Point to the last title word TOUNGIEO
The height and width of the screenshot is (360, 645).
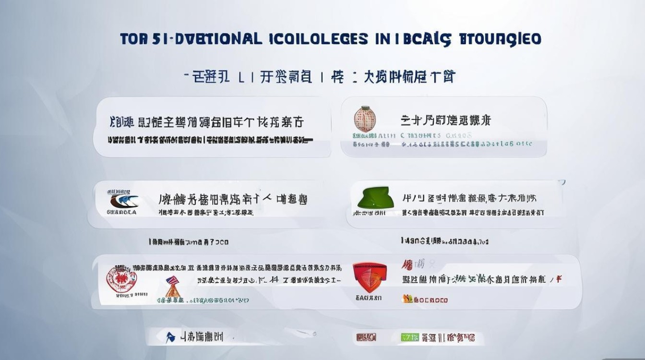tap(499, 39)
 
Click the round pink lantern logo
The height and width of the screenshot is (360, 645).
tap(365, 119)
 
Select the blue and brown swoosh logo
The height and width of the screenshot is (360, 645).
tap(123, 200)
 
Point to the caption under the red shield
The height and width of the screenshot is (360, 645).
tap(368, 298)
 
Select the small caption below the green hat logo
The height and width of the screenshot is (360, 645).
tap(370, 213)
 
